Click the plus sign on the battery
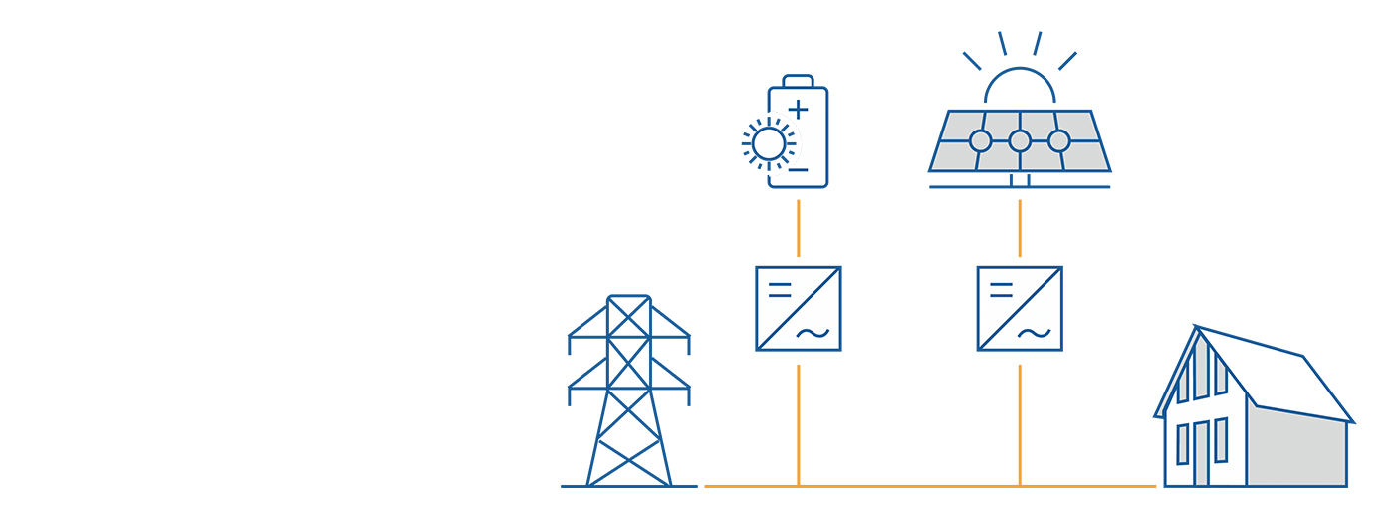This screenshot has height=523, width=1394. coord(798,110)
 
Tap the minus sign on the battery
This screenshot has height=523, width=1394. coord(798,170)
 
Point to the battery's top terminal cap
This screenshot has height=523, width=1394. coord(798,82)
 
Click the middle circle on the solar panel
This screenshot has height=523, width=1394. coord(1019,141)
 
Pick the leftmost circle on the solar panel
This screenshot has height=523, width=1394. coord(980,141)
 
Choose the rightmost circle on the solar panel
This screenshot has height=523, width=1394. coord(1058,141)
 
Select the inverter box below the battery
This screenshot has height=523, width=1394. coord(798,308)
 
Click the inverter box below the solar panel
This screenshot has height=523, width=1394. coord(1019,308)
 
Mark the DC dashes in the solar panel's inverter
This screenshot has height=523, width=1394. coord(1001,289)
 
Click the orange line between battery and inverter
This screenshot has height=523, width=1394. coord(798,228)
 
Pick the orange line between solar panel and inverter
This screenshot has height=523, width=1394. coord(1019,228)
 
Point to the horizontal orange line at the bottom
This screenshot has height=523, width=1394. coord(926,486)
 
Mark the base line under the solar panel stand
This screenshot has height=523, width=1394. coord(1019,186)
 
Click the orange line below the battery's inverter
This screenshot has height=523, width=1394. coord(798,423)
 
